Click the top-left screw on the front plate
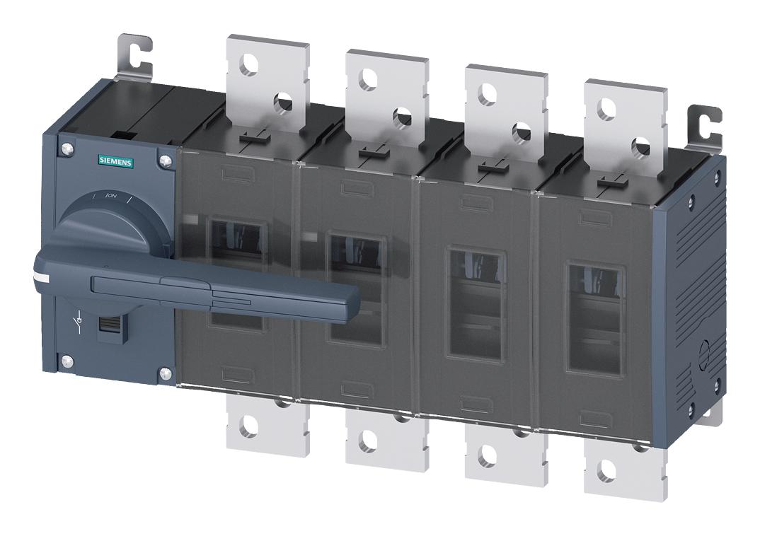(x=67, y=149)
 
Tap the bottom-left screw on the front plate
(x=67, y=362)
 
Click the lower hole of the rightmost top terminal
(x=640, y=148)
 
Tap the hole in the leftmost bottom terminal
(x=249, y=426)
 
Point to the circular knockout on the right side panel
(x=704, y=352)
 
